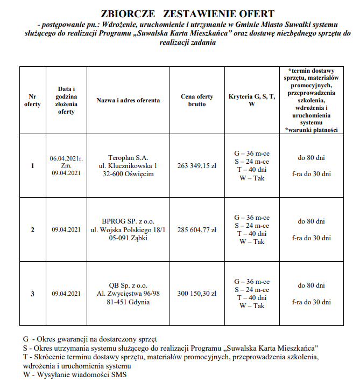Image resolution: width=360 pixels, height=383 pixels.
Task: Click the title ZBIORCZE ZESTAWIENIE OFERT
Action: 180,14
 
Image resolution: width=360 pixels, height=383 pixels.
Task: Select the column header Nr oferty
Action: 32,100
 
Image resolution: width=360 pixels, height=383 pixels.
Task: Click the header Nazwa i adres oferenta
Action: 128,100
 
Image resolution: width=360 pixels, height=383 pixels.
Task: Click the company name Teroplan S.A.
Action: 128,157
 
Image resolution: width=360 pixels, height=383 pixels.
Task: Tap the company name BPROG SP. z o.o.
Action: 128,221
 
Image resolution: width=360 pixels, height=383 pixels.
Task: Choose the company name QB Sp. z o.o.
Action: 128,285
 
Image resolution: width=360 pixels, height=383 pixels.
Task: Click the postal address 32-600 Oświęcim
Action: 128,174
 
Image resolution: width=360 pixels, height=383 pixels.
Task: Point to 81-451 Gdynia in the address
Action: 128,302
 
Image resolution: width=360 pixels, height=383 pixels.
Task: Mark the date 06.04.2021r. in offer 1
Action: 66,158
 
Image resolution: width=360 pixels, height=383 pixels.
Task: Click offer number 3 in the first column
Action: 32,294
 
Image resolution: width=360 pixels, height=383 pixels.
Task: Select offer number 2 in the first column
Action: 32,229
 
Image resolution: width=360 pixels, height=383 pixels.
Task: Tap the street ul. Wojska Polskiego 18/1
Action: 128,229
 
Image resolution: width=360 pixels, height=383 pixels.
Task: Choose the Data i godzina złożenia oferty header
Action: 66,100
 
